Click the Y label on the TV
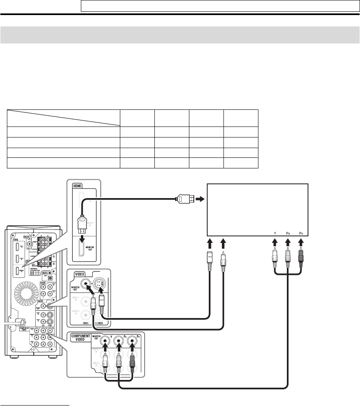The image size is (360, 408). [275, 233]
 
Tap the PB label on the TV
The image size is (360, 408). [288, 233]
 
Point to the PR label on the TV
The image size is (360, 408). [301, 233]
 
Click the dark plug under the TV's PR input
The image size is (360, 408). [301, 260]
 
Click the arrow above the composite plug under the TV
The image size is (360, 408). [223, 244]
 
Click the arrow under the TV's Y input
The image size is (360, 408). [275, 244]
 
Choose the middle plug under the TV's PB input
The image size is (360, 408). [288, 260]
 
